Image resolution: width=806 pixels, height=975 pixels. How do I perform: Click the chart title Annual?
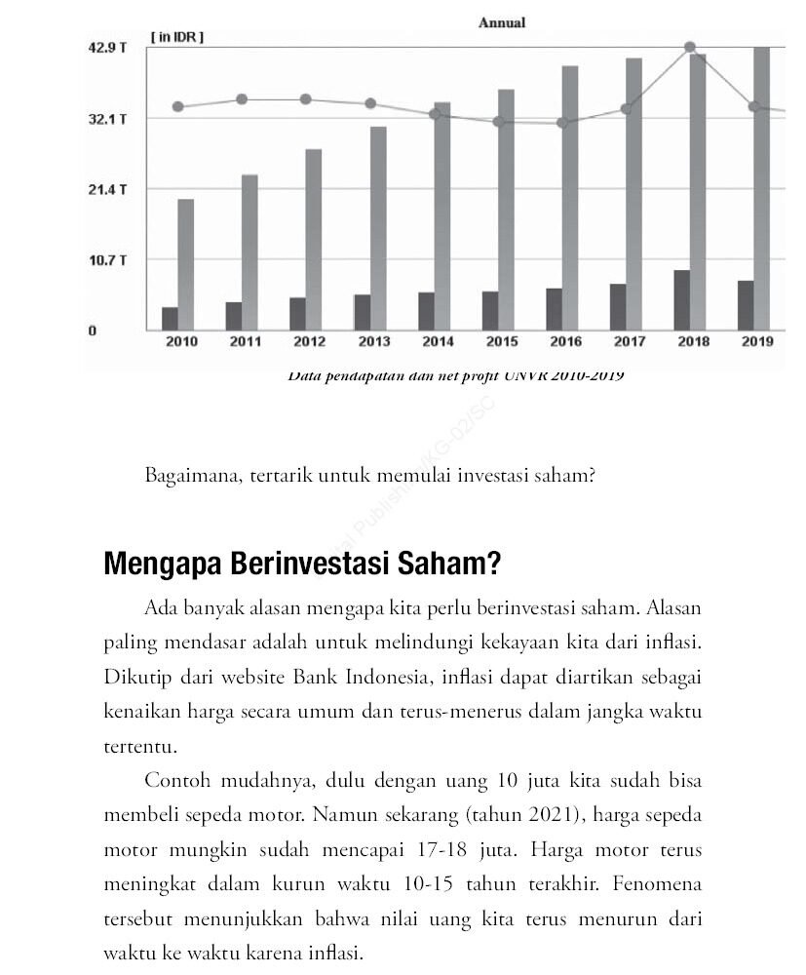(502, 22)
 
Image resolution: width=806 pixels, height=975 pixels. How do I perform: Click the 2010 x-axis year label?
(181, 342)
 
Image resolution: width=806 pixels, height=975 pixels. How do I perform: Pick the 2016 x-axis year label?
(565, 342)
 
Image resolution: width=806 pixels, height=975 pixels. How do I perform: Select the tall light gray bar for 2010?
(185, 264)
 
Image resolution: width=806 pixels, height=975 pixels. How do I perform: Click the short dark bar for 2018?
(682, 300)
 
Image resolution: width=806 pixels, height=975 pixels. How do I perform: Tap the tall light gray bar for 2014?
(441, 215)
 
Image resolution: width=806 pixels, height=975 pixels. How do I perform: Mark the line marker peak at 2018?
(690, 47)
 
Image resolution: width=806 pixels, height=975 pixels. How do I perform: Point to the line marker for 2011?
(242, 99)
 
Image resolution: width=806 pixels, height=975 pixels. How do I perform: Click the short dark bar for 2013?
(363, 312)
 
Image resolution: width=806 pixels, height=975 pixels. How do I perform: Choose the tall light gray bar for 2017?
(633, 194)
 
